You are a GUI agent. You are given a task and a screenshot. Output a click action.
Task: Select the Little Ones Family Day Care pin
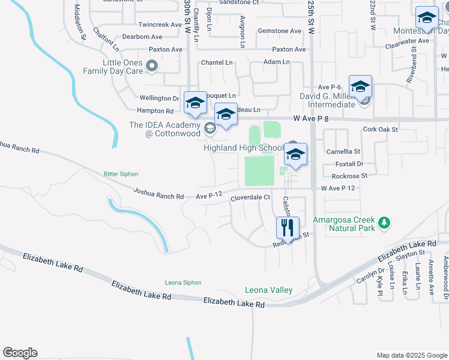[x=152, y=66]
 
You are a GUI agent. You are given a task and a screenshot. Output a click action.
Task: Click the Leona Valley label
[x=268, y=290]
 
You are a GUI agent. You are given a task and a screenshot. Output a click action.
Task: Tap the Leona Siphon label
[x=184, y=283]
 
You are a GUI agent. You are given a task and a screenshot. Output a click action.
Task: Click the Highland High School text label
[x=243, y=148]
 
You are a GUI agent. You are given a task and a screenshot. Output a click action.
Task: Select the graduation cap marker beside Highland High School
[x=295, y=154]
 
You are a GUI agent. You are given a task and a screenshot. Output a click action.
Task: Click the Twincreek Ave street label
[x=160, y=25]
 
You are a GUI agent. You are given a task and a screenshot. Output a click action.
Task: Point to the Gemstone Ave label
[x=279, y=31]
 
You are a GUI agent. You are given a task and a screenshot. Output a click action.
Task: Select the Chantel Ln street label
[x=217, y=62]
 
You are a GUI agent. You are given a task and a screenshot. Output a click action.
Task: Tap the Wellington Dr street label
[x=160, y=98]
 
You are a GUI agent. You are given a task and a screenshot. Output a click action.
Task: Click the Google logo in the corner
[x=20, y=353]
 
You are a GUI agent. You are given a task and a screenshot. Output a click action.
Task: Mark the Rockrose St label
[x=349, y=176]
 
